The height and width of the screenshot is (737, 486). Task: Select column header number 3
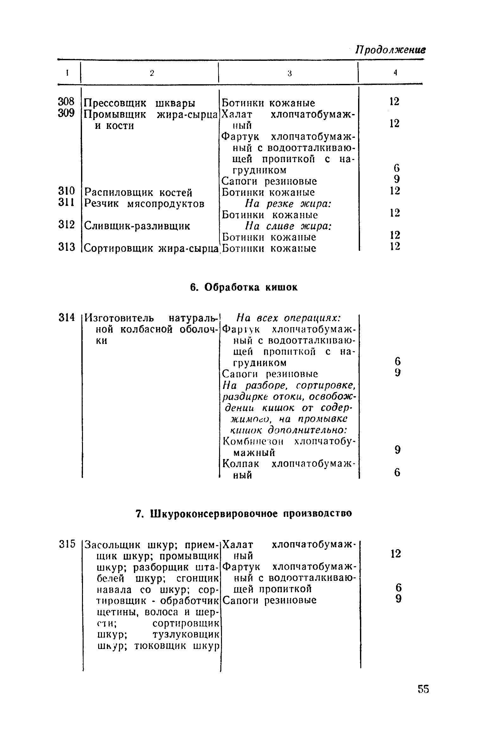coord(289,73)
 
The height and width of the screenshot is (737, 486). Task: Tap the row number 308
coord(66,102)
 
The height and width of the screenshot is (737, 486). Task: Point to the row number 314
coord(66,317)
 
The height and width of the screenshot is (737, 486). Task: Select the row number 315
coord(67,544)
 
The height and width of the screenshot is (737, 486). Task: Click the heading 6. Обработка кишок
coord(243,287)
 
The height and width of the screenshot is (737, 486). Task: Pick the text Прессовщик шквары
coord(140,103)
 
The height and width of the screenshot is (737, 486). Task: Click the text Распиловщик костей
coord(138,192)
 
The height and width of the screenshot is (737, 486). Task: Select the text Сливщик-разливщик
coord(137,226)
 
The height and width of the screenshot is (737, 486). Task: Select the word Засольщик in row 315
coord(115,545)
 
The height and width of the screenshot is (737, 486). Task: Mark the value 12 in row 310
coord(394,191)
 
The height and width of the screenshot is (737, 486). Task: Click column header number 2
coord(152,73)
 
